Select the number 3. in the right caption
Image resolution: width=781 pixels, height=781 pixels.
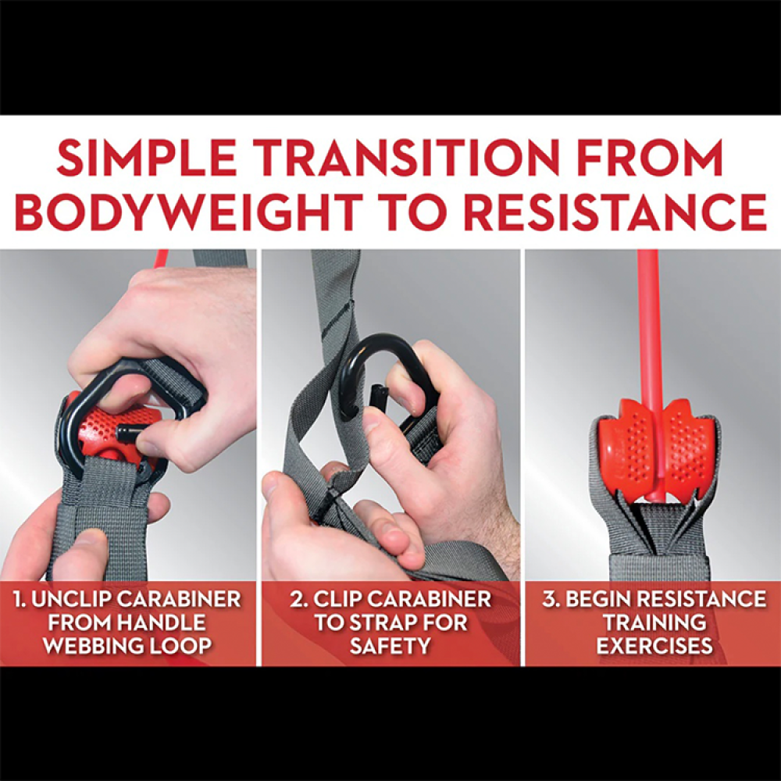pos(551,599)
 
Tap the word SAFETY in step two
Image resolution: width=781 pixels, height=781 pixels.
pos(390,646)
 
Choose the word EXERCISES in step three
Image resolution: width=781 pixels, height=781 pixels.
pos(654,646)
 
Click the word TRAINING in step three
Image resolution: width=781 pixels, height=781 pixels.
pos(654,622)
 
